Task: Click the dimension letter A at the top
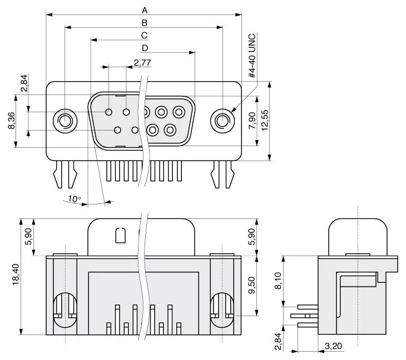click(145, 10)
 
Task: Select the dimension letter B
click(145, 23)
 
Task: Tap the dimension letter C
click(144, 36)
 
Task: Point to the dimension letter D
click(145, 48)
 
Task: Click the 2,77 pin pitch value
click(142, 62)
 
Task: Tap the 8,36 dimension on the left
click(12, 121)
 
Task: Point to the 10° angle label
click(75, 198)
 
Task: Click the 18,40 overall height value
click(16, 276)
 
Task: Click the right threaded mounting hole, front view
click(223, 121)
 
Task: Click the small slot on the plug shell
click(120, 236)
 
